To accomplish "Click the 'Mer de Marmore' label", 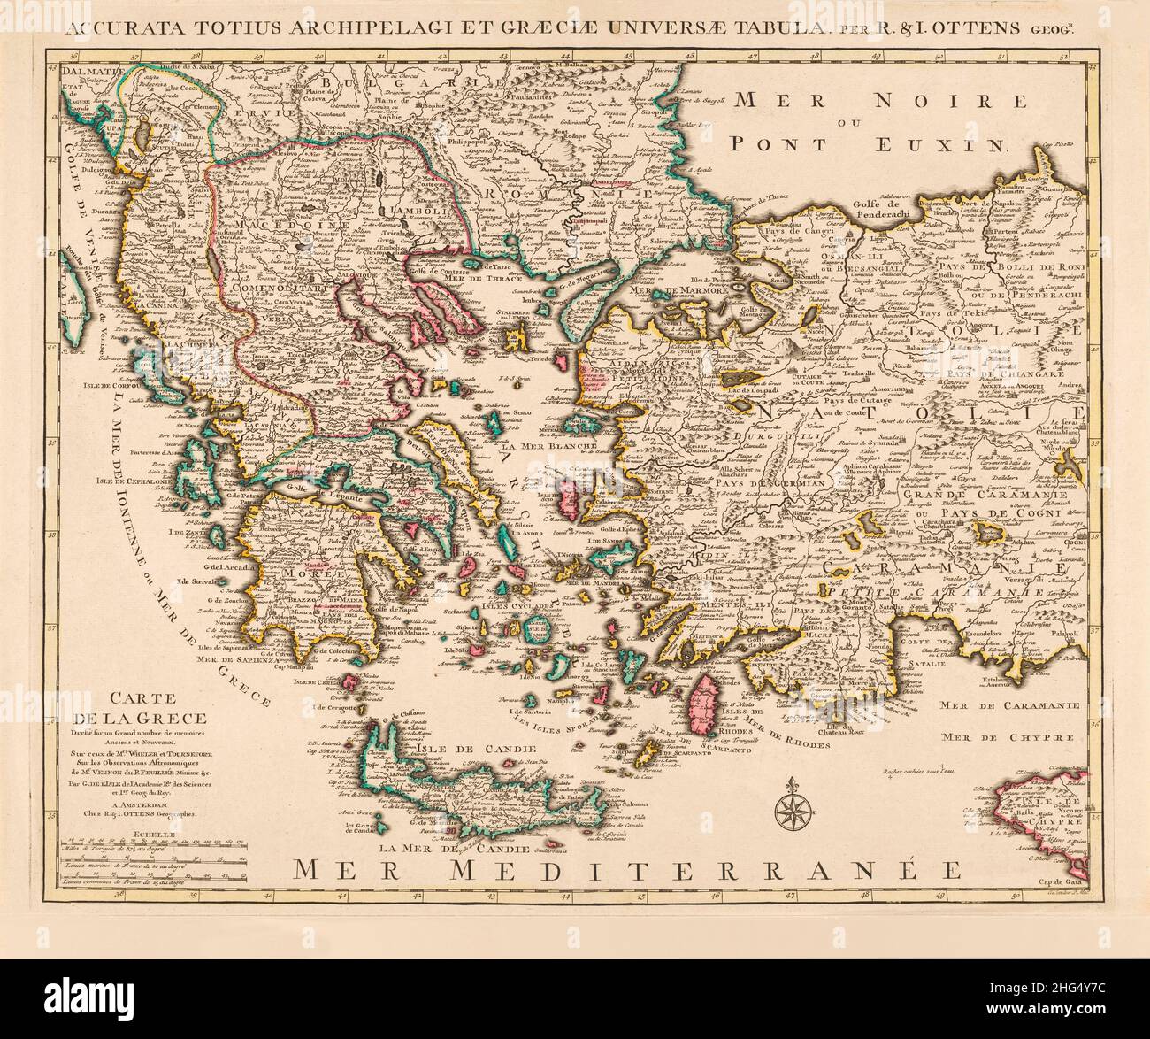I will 677,289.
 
